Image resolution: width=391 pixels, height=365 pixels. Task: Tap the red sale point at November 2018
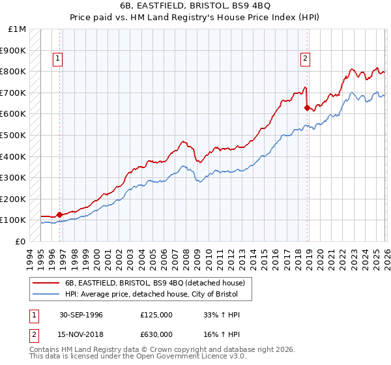click(x=307, y=108)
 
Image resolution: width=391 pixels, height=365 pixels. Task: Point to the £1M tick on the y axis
click(x=18, y=29)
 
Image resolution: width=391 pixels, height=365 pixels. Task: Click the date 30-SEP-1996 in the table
click(x=81, y=315)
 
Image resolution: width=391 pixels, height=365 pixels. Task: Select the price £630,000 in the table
click(x=156, y=334)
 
